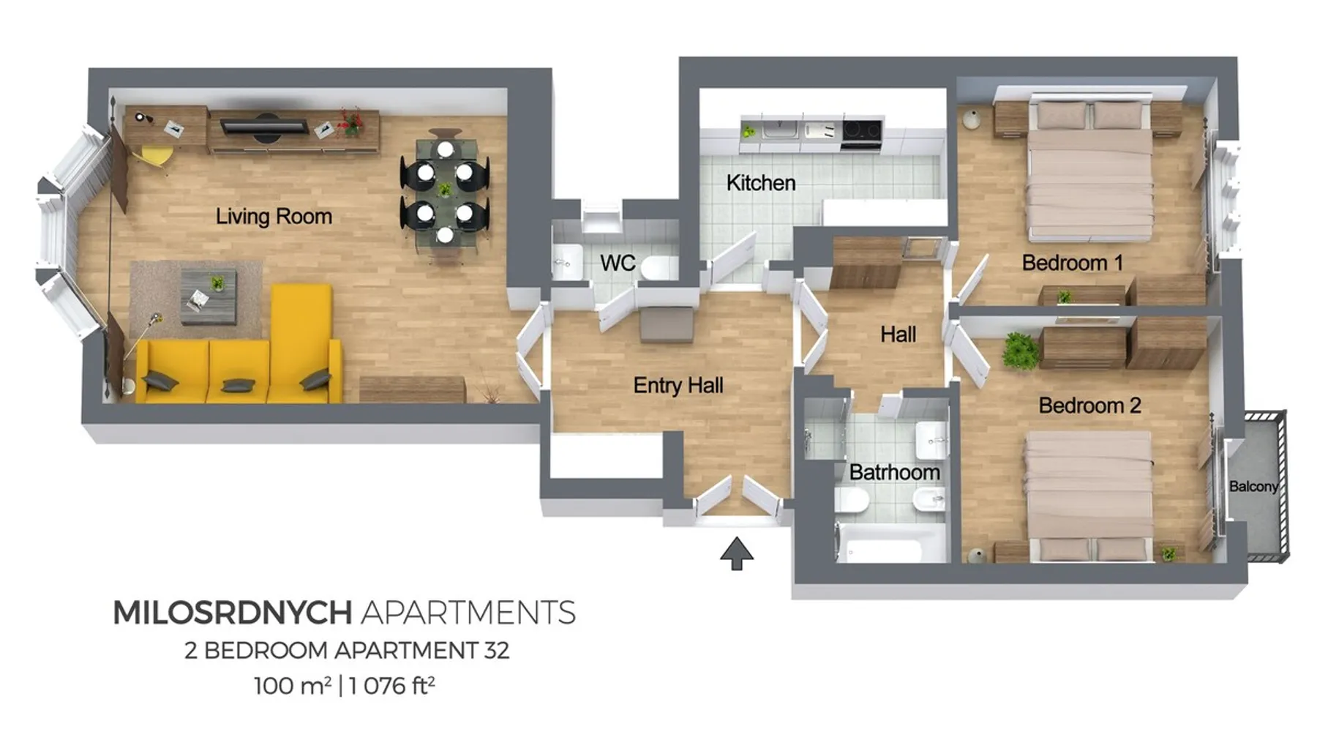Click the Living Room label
(274, 217)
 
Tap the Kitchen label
(761, 182)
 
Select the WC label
(618, 263)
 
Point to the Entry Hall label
(678, 385)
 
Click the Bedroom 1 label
(1072, 263)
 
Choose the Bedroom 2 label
(1089, 406)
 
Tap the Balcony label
(1253, 487)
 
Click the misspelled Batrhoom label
(894, 472)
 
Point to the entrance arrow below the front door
(737, 553)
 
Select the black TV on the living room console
(265, 126)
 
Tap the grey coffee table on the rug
(209, 296)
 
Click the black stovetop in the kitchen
(861, 131)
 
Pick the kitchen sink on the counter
(781, 130)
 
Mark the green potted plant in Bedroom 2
(1021, 350)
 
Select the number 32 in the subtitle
(496, 650)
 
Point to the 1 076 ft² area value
(392, 685)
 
